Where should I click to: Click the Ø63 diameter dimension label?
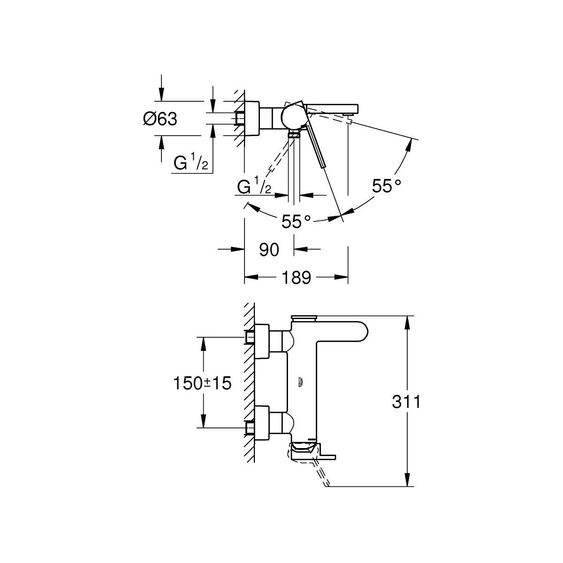coord(160,119)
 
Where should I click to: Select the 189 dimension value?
coord(296,277)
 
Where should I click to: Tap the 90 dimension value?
coord(269,250)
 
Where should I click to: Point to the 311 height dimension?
coord(406,402)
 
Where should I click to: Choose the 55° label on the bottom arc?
coord(296,222)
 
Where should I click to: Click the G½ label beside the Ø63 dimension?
coord(191,162)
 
